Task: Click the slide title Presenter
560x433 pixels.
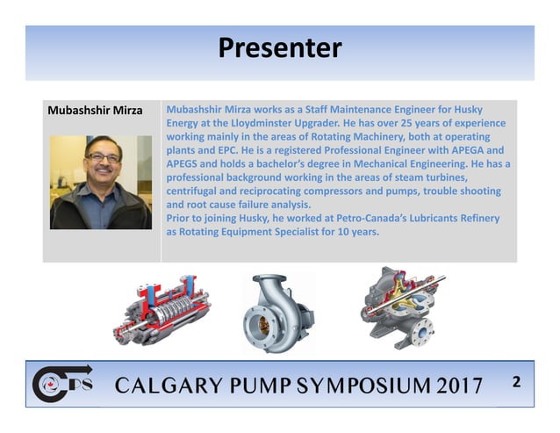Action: (279, 47)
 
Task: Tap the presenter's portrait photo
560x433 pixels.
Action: (101, 182)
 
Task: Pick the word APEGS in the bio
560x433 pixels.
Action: (183, 163)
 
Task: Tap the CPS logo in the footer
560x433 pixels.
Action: (61, 383)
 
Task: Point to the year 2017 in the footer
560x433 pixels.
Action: (456, 386)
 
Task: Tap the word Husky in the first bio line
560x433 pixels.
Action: (497, 111)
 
